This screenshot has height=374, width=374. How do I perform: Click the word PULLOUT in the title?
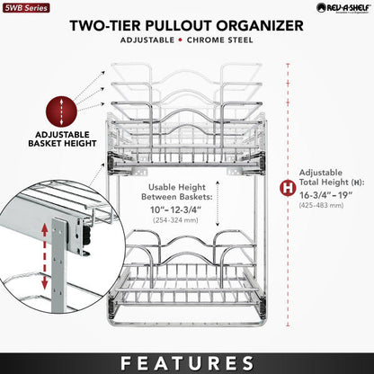[184, 24]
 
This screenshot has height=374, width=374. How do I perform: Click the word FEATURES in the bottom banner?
[187, 361]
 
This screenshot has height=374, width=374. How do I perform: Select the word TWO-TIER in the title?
[111, 24]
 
